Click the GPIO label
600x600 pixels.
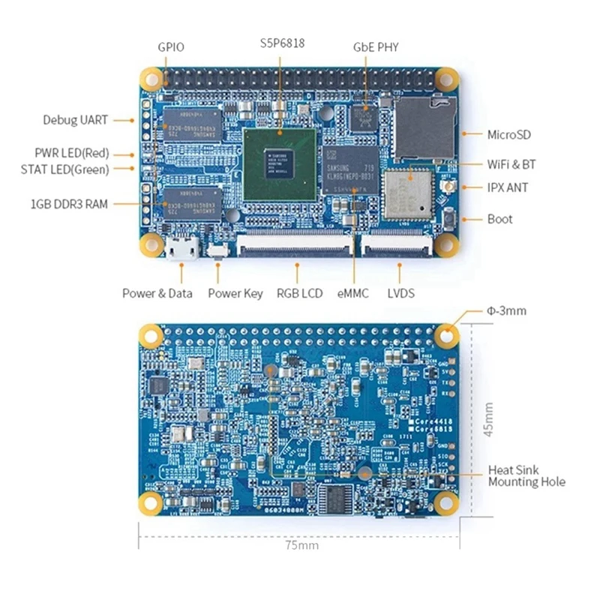tap(170, 46)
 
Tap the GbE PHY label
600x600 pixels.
tap(376, 46)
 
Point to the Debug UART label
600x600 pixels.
tap(75, 119)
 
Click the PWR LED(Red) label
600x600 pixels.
tap(71, 153)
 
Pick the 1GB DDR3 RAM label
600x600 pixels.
tap(69, 203)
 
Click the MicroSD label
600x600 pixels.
tap(509, 135)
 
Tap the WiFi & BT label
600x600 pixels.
tap(511, 164)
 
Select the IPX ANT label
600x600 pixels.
tap(507, 187)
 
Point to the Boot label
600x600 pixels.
tap(499, 219)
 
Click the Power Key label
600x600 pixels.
tap(235, 293)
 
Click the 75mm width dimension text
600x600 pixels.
tap(303, 545)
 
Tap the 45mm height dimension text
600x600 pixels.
tap(488, 420)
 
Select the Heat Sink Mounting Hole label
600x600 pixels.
tap(526, 475)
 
